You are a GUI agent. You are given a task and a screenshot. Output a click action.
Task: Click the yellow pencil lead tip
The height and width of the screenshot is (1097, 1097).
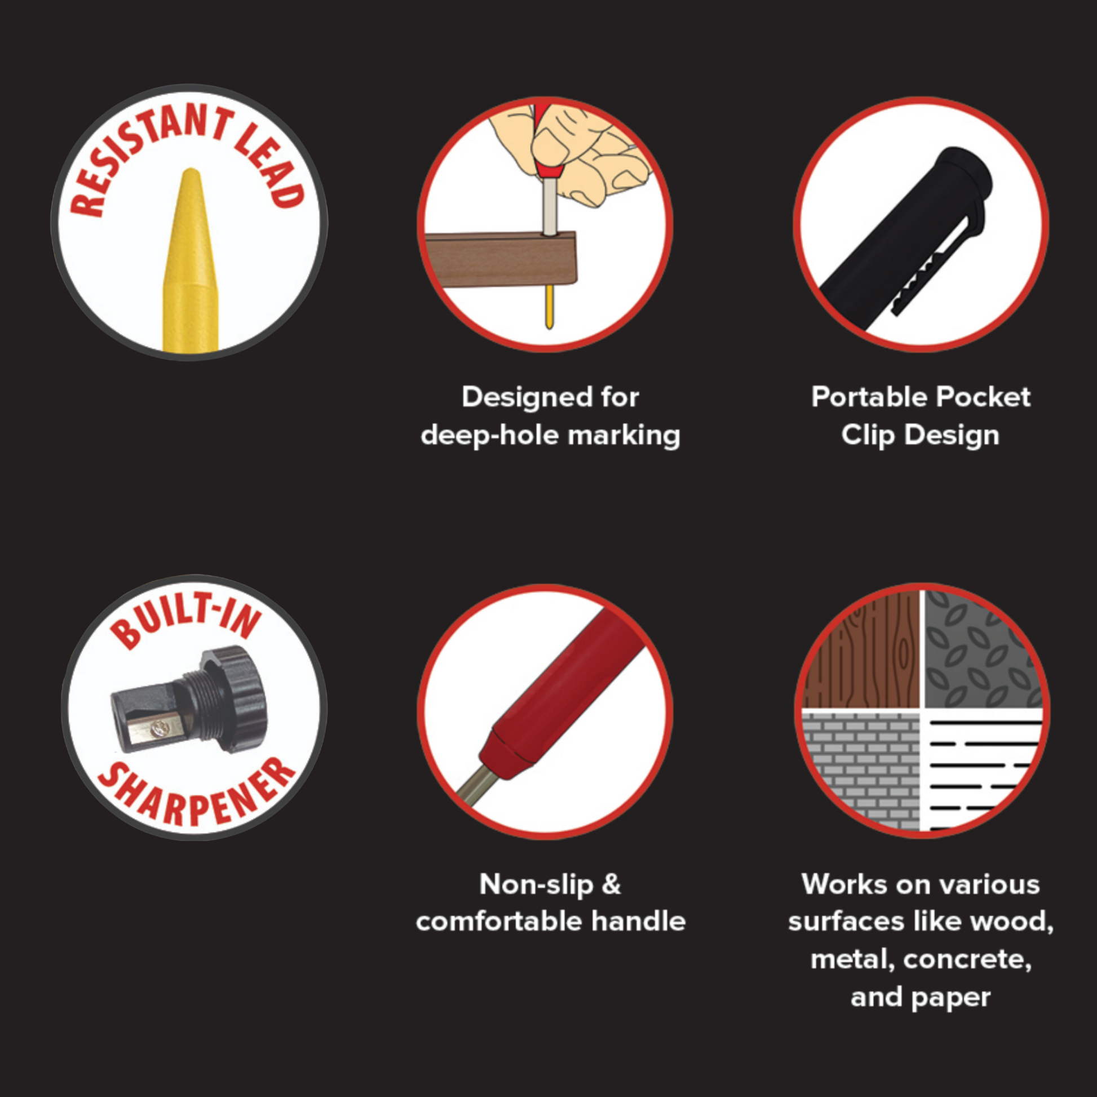pyautogui.click(x=191, y=170)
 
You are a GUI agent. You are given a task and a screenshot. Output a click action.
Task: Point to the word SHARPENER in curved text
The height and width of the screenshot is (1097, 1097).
pyautogui.click(x=196, y=792)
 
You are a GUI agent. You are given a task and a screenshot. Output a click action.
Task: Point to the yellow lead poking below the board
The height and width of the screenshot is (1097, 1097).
pyautogui.click(x=549, y=307)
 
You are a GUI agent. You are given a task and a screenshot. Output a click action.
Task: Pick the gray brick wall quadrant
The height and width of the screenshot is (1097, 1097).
pyautogui.click(x=862, y=769)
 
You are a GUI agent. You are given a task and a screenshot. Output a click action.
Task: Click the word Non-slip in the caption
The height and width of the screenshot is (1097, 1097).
pyautogui.click(x=537, y=884)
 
